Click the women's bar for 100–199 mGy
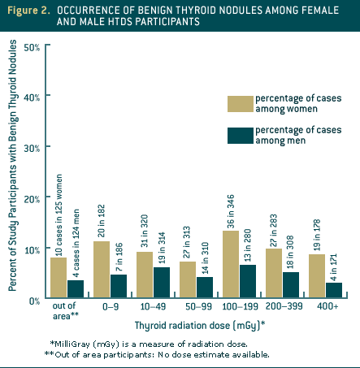pos(230,266)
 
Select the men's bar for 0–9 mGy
pos(119,287)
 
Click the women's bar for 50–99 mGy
pos(187,280)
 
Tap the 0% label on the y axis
pos(34,301)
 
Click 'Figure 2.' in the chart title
pos(29,10)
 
